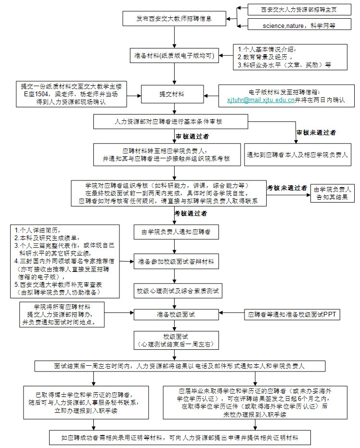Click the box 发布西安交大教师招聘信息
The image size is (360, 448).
(x=174, y=19)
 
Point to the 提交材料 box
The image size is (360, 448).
(x=174, y=94)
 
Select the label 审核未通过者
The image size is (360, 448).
(x=316, y=132)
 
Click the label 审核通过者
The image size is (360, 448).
(x=192, y=136)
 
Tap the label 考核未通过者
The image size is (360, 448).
(x=287, y=187)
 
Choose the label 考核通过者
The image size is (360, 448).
(x=191, y=213)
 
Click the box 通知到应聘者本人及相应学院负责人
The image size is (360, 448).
(x=297, y=155)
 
